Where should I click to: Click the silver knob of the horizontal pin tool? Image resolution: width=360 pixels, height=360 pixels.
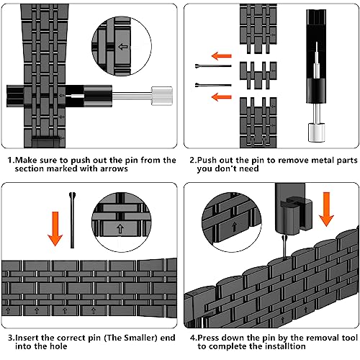pos(162,96)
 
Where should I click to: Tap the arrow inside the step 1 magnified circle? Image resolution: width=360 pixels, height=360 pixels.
pos(123,47)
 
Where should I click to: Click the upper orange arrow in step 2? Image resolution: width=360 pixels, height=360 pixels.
pos(221,56)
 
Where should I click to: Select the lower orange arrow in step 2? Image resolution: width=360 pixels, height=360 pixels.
pos(221,97)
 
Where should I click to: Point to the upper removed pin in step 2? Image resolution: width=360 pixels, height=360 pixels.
pos(213,66)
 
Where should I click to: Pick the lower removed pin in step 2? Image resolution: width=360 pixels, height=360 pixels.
pos(213,85)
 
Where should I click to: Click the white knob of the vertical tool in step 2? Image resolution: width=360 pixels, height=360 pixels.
pos(316,132)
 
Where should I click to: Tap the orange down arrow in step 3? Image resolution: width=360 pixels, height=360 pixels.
pos(55,229)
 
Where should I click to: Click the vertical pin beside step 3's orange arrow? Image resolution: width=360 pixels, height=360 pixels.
pos(72,220)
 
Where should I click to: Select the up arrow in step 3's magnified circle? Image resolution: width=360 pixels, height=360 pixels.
pos(120,229)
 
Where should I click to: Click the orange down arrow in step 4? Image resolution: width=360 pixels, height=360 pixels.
pos(326,209)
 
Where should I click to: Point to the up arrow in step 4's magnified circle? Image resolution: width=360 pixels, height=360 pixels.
pos(234,227)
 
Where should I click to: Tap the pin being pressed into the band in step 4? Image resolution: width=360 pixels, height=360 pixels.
pos(284,247)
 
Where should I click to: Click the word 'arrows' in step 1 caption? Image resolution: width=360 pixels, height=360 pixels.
pos(114,168)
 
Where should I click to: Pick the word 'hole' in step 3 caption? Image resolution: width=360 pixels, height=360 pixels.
pos(58,346)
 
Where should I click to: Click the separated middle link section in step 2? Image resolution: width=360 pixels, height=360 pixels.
pos(258,76)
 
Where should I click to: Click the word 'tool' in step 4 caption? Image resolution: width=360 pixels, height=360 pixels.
pos(350,338)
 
